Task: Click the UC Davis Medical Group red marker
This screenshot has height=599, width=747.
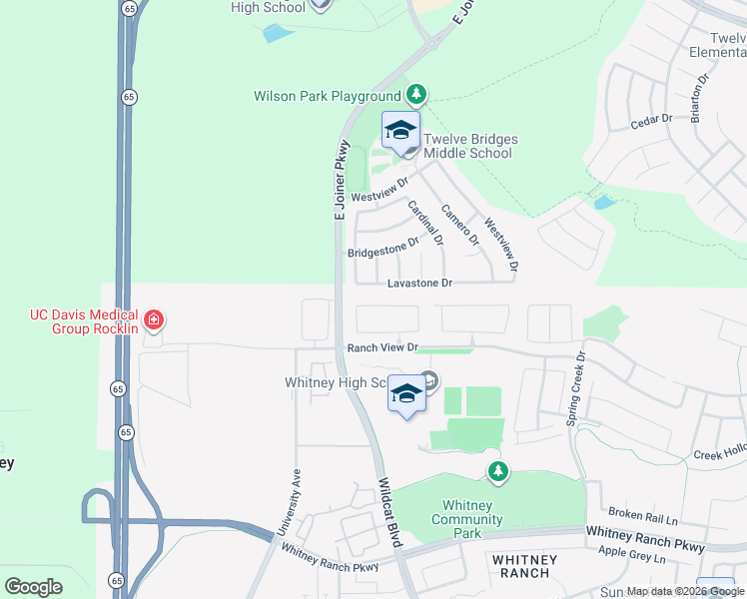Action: pyautogui.click(x=154, y=320)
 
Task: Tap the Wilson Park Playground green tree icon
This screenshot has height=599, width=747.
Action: pyautogui.click(x=416, y=96)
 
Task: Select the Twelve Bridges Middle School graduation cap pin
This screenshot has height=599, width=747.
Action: pyautogui.click(x=401, y=131)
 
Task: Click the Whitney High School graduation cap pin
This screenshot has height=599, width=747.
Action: pyautogui.click(x=406, y=394)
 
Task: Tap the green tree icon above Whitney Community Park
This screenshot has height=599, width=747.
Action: pyautogui.click(x=497, y=470)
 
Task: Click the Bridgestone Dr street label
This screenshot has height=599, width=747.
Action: pyautogui.click(x=382, y=248)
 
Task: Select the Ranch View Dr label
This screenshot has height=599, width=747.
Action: pyautogui.click(x=381, y=347)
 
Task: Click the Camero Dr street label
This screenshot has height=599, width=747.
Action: pyautogui.click(x=460, y=225)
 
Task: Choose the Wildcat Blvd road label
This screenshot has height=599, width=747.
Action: pyautogui.click(x=389, y=510)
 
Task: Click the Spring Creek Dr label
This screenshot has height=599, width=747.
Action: pyautogui.click(x=577, y=389)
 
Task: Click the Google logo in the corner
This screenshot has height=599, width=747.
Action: pyautogui.click(x=33, y=586)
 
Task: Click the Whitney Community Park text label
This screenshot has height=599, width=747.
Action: pyautogui.click(x=467, y=519)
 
